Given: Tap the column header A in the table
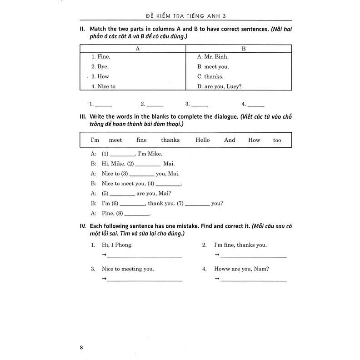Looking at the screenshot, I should coord(137,48).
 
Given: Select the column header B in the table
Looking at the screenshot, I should coord(243,48).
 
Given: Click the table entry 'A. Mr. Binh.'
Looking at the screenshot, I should coord(213,57).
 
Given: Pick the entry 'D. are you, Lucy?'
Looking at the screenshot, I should coord(219,86).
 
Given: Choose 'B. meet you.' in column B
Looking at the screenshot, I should coord(213,67).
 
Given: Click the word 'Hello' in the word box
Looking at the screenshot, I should coord(203,140).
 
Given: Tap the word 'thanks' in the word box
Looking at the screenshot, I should coord(170,140).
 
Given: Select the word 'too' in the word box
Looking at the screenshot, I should coord(277,140).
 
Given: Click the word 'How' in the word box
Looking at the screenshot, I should coord(254,140).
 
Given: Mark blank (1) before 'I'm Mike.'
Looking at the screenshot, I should coord(123,155).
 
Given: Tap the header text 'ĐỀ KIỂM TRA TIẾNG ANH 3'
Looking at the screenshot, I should coord(182,16).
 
